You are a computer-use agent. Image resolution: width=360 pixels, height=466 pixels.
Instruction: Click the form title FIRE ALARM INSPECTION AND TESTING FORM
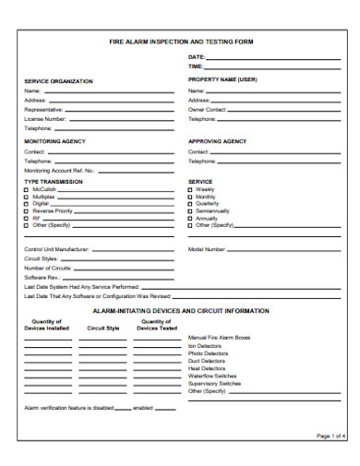pyautogui.click(x=181, y=42)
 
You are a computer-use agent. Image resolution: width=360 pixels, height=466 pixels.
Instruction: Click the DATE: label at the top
pyautogui.click(x=196, y=57)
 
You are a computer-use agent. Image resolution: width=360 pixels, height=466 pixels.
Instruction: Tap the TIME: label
pyautogui.click(x=196, y=66)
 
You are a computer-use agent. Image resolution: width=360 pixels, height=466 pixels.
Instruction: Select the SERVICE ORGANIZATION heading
pyautogui.click(x=58, y=81)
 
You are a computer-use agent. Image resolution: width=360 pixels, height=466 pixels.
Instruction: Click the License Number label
pyautogui.click(x=44, y=119)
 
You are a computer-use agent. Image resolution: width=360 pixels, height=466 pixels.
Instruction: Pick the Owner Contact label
pyautogui.click(x=207, y=110)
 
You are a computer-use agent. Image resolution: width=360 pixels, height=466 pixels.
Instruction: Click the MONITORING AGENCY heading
pyautogui.click(x=54, y=141)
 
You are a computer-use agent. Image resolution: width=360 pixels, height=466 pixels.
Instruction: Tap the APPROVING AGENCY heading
pyautogui.click(x=218, y=141)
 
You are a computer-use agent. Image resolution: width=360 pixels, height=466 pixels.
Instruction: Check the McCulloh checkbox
pyautogui.click(x=26, y=189)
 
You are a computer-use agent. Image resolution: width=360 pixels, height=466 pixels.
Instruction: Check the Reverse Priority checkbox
pyautogui.click(x=26, y=210)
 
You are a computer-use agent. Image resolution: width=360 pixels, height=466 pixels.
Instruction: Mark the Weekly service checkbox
pyautogui.click(x=191, y=189)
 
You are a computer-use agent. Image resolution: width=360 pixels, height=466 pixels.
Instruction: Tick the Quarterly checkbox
pyautogui.click(x=191, y=203)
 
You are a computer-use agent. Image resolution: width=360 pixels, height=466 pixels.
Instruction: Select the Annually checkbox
pyautogui.click(x=191, y=218)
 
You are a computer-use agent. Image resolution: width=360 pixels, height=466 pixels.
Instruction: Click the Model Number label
pyautogui.click(x=207, y=249)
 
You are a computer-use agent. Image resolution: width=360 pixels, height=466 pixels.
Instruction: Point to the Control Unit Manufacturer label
pyautogui.click(x=56, y=249)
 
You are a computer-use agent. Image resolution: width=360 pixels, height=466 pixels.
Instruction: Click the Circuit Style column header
pyautogui.click(x=103, y=328)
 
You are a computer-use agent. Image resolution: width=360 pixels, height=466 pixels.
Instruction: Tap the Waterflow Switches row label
pyautogui.click(x=213, y=375)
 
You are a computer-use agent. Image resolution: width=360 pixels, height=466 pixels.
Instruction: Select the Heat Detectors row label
pyautogui.click(x=207, y=367)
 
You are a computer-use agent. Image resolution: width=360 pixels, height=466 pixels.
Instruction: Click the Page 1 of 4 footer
pyautogui.click(x=330, y=435)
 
